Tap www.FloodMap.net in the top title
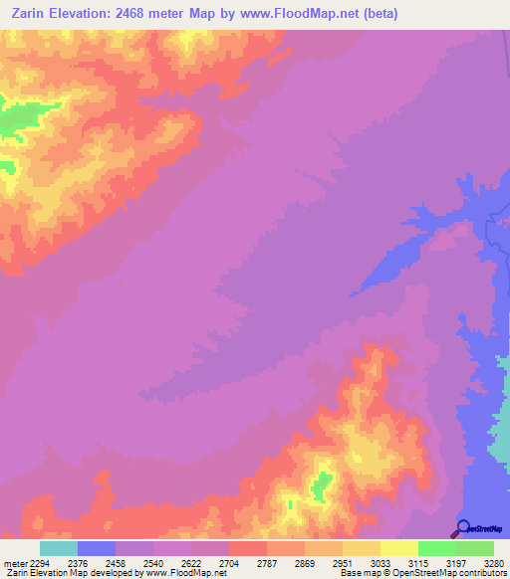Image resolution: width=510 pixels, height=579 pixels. point(316,12)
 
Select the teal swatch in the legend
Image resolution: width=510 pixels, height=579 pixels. point(59,548)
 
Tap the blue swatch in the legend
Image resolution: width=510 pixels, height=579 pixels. point(97,548)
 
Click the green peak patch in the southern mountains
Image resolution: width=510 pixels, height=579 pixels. point(321,486)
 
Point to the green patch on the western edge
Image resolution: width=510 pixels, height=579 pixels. point(12,120)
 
